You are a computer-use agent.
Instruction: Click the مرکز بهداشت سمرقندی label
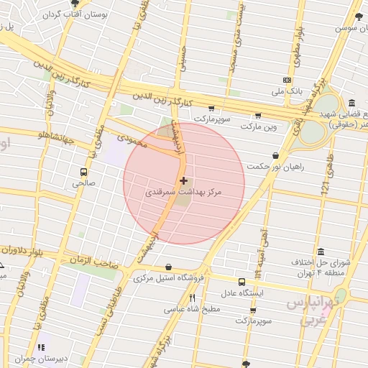point(185,193)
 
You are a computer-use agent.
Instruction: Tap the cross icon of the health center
point(185,180)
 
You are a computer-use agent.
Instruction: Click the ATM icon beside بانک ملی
point(287,80)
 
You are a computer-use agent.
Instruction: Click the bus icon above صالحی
point(84,172)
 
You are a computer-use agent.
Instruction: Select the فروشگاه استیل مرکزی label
point(169,277)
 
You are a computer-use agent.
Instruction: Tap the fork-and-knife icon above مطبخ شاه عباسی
point(192,298)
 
